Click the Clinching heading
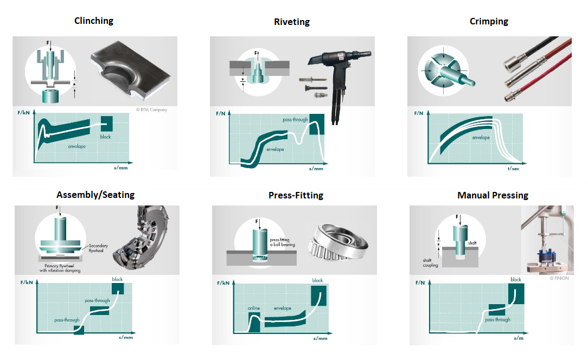(94, 21)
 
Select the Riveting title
(292, 22)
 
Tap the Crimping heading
(489, 21)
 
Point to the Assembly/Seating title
(95, 195)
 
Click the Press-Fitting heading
(296, 195)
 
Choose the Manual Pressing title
(493, 195)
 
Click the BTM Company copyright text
(151, 110)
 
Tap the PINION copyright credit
(559, 278)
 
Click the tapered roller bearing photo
(337, 242)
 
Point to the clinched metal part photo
(130, 71)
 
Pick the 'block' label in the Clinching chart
(105, 137)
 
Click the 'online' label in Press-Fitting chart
(253, 308)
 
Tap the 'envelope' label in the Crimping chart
(481, 138)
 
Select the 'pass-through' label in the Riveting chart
(295, 120)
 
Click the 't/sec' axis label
(513, 169)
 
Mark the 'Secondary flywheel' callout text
(98, 248)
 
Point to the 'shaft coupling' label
(430, 262)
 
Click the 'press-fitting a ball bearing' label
(283, 242)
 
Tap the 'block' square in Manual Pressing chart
(516, 294)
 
